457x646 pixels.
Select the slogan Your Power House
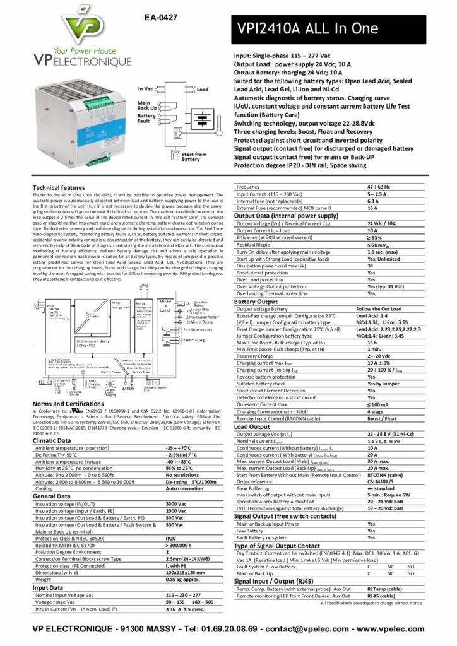click(82, 49)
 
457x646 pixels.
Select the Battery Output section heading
click(256, 302)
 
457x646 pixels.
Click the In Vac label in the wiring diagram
click(145, 90)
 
